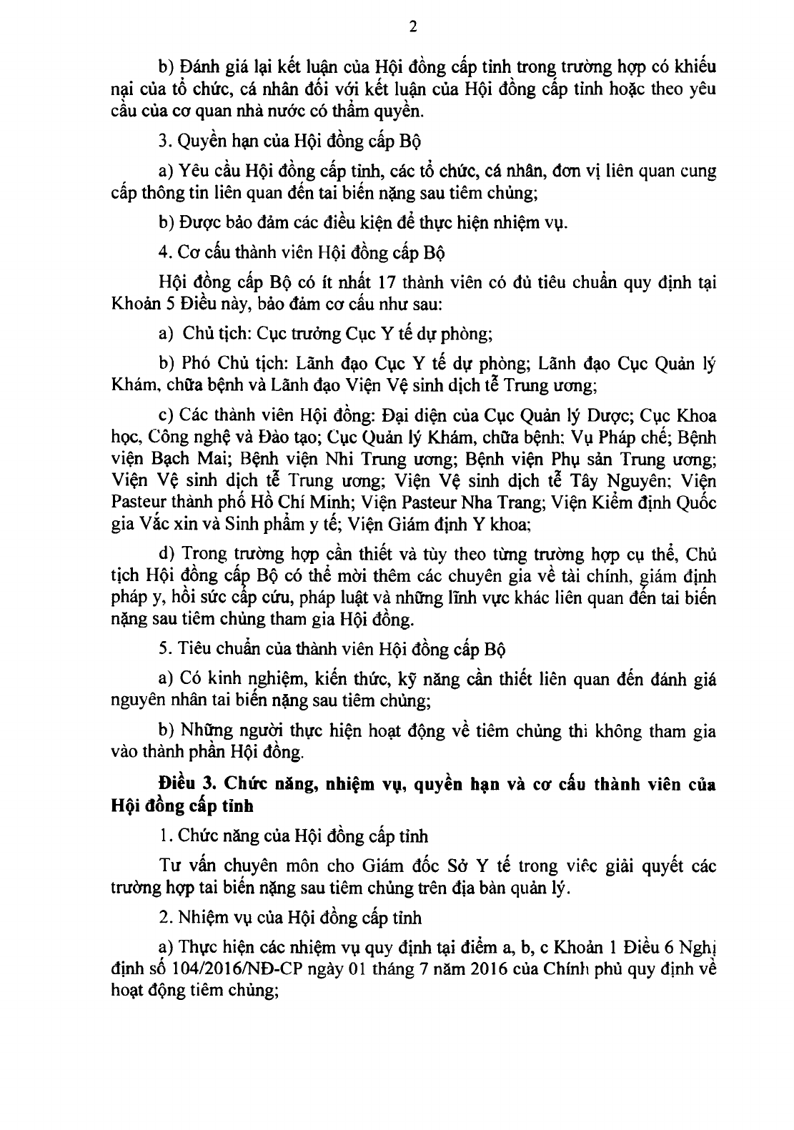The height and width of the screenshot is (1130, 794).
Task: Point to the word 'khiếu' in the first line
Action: tap(693, 66)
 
